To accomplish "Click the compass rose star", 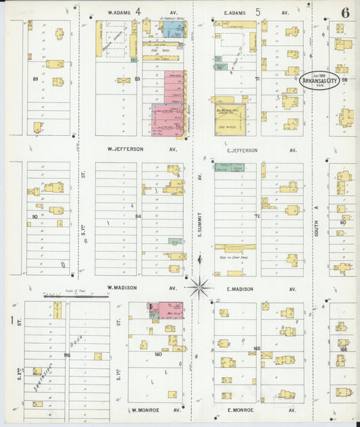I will point(199,286).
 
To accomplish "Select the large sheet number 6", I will point(345,13).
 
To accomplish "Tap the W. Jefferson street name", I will point(126,149).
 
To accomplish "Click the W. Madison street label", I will point(124,287).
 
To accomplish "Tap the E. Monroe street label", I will point(240,409).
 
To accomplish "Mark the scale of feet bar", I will point(68,295).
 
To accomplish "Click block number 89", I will point(35,79).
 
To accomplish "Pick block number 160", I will point(158,354).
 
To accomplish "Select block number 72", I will point(257,216).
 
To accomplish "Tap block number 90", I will point(34,216).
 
